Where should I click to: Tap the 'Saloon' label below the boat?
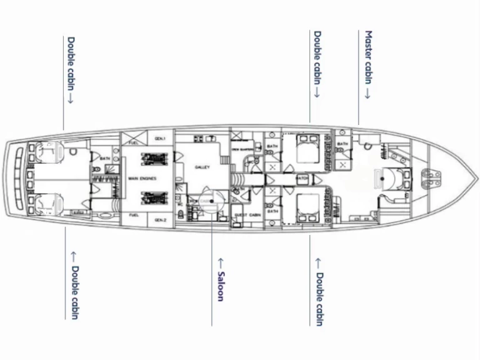pyautogui.click(x=220, y=279)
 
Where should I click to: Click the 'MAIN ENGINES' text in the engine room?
pyautogui.click(x=142, y=179)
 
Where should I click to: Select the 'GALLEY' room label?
pyautogui.click(x=202, y=167)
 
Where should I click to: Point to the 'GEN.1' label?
pyautogui.click(x=161, y=138)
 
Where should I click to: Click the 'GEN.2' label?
pyautogui.click(x=161, y=220)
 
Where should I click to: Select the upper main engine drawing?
pyautogui.click(x=154, y=159)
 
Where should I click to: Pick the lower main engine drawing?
pyautogui.click(x=154, y=199)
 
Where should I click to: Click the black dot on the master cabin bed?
pyautogui.click(x=382, y=178)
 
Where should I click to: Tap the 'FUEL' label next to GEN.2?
pyautogui.click(x=134, y=216)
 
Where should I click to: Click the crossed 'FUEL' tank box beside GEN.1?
pyautogui.click(x=133, y=136)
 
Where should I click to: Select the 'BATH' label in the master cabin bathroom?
pyautogui.click(x=342, y=144)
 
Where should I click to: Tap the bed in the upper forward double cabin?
pyautogui.click(x=306, y=152)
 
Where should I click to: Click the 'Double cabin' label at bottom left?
pyautogui.click(x=74, y=292)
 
